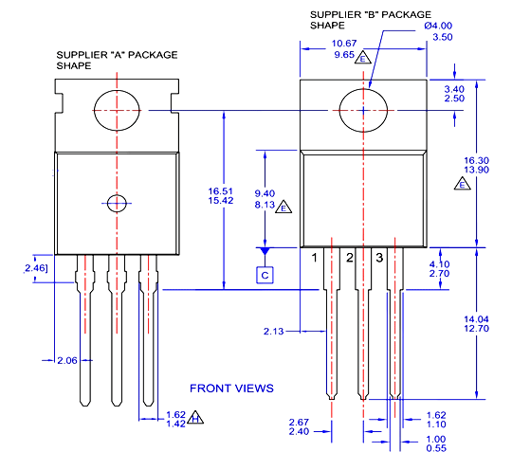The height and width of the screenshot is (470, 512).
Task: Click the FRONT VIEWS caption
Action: [231, 388]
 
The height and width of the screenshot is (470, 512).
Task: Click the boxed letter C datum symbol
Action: [265, 275]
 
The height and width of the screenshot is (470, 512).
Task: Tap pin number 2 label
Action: [349, 258]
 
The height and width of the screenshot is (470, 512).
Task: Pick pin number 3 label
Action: [379, 258]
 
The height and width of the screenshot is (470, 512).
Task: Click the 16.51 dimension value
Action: [221, 190]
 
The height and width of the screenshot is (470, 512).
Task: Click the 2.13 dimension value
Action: [274, 331]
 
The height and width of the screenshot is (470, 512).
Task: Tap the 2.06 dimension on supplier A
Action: [67, 361]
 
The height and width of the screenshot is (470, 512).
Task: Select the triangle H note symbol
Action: [195, 419]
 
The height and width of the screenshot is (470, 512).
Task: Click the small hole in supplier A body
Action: [117, 202]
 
